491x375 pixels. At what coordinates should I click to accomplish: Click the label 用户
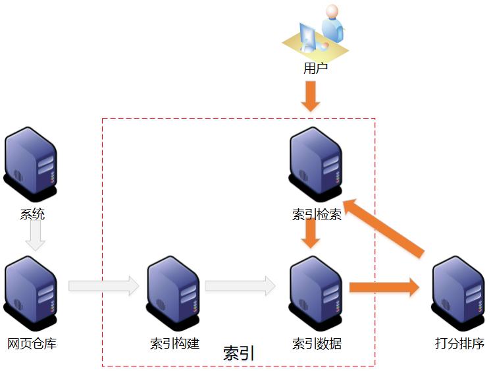tap(315, 67)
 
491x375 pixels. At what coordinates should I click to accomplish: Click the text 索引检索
tap(317, 215)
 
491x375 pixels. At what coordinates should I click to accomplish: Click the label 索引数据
tap(317, 343)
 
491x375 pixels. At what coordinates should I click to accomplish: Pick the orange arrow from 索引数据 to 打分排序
tap(384, 287)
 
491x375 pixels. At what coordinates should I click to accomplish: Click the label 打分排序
tap(459, 343)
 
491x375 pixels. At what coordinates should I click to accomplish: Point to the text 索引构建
tap(174, 343)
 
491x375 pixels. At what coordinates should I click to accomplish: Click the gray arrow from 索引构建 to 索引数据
tap(240, 286)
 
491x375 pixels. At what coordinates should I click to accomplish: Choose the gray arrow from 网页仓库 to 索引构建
tap(103, 286)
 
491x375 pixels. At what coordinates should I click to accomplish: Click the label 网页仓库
tap(32, 343)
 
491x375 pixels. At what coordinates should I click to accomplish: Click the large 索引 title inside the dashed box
tap(239, 353)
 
